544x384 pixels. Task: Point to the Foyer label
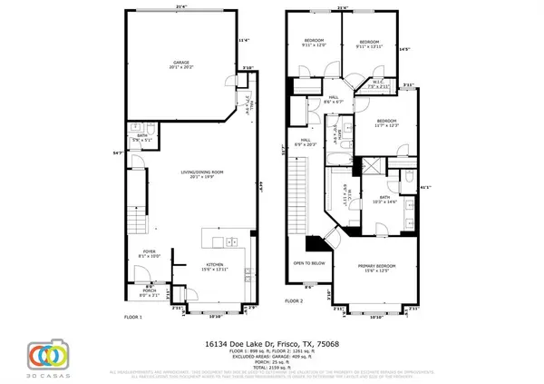151,254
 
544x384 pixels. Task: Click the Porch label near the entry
149,293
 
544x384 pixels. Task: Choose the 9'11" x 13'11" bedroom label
369,44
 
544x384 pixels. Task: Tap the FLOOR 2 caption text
295,300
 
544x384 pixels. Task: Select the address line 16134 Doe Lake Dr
271,337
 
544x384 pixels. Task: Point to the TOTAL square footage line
271,362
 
